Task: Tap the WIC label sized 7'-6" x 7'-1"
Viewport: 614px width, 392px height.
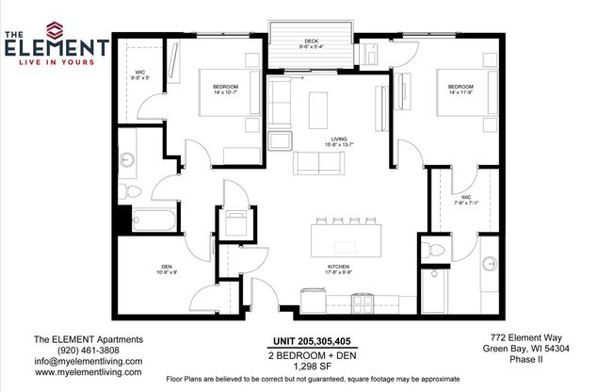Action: click(467, 197)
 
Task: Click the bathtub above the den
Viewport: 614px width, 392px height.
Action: click(153, 221)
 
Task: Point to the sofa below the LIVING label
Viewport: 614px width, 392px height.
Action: click(319, 163)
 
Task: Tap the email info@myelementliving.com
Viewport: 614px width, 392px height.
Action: click(88, 361)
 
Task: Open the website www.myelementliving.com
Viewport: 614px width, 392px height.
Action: click(88, 372)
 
